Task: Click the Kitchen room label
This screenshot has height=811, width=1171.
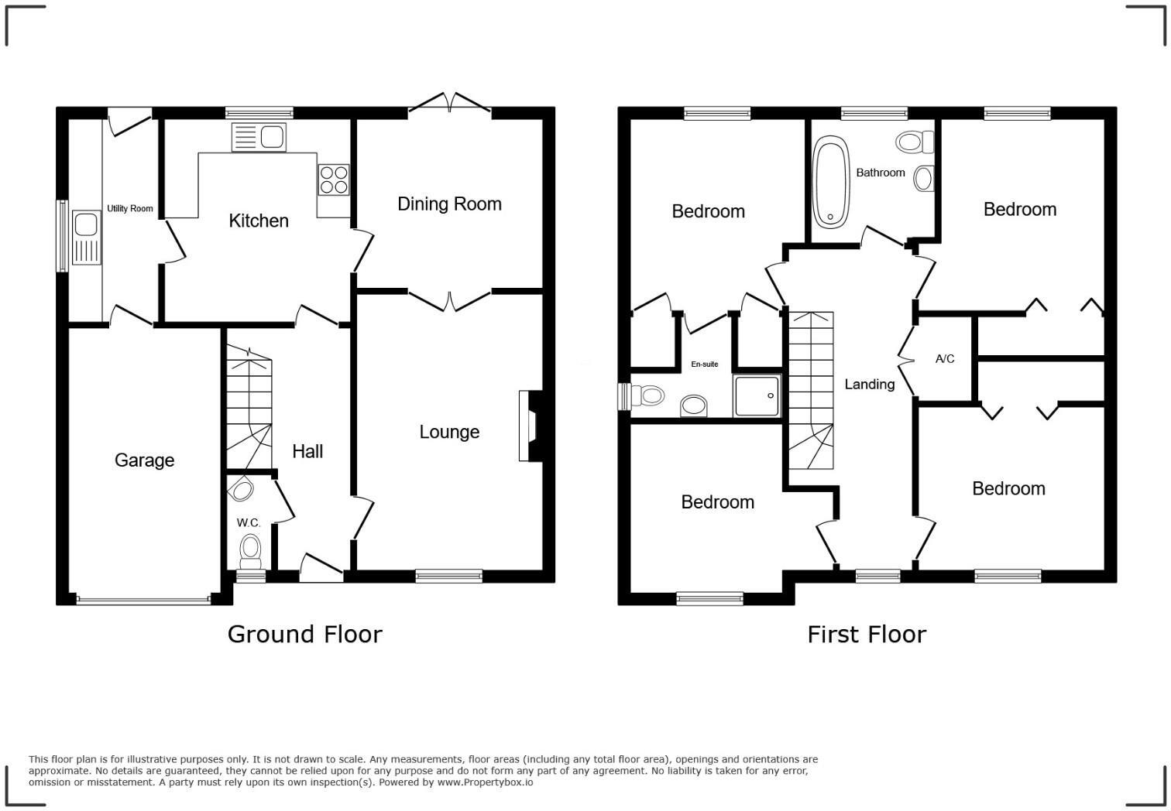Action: tap(259, 221)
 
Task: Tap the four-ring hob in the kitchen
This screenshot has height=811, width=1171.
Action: tap(333, 180)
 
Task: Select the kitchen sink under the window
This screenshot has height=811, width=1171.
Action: tap(259, 138)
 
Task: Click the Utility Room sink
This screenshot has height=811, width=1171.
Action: tap(85, 238)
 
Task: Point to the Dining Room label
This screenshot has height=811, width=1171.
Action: tap(449, 204)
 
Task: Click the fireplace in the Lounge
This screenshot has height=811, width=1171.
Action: tap(531, 426)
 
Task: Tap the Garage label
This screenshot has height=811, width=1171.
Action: tap(144, 460)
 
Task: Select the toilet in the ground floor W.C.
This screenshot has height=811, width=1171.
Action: tap(249, 549)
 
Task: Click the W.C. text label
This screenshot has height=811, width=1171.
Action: tap(248, 523)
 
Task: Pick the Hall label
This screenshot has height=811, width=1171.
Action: tap(307, 452)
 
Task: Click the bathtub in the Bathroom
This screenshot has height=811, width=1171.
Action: tap(831, 183)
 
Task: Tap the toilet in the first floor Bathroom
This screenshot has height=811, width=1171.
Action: tap(914, 142)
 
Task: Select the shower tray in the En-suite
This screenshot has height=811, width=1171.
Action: tap(757, 396)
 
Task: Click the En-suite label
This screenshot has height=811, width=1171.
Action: tap(705, 364)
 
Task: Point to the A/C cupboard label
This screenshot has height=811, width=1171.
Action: tap(945, 359)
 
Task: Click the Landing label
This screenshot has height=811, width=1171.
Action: tap(869, 385)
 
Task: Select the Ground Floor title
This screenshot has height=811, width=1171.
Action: tap(304, 635)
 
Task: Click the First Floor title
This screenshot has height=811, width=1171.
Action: tap(866, 635)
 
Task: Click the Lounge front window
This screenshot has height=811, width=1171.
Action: tap(448, 575)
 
